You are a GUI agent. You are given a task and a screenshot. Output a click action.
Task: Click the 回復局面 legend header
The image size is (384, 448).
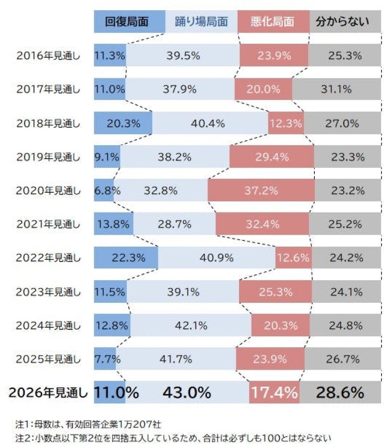point(129,22)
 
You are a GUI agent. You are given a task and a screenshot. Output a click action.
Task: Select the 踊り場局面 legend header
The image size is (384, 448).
point(201,22)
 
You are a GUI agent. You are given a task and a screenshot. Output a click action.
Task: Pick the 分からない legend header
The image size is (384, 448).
point(342,22)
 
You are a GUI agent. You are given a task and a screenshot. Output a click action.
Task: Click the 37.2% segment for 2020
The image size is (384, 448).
point(261,190)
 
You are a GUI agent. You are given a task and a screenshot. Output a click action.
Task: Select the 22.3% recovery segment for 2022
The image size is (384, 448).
point(126,258)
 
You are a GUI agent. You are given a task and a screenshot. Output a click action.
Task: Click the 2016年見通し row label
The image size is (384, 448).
point(48,55)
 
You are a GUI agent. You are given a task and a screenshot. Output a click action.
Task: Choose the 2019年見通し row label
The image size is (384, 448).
point(48,157)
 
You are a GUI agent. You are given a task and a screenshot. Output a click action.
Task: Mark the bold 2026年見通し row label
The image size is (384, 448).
point(48,393)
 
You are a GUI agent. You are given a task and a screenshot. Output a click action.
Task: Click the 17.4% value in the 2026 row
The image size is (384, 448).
point(274,393)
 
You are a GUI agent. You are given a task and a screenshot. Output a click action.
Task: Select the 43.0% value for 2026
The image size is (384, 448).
point(187,393)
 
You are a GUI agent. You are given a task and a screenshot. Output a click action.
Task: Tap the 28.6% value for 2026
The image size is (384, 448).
point(339,393)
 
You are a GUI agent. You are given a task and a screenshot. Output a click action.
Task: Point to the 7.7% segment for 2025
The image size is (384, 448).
point(105,359)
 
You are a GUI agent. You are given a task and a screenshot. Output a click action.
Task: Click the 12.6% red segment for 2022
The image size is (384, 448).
point(293,258)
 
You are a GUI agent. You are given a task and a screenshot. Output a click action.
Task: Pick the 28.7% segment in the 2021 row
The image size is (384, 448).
point(174,224)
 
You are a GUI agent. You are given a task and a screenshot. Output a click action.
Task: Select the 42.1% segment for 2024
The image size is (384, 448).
point(191,325)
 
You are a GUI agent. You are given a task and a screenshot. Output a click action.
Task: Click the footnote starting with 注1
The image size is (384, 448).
point(89,424)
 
